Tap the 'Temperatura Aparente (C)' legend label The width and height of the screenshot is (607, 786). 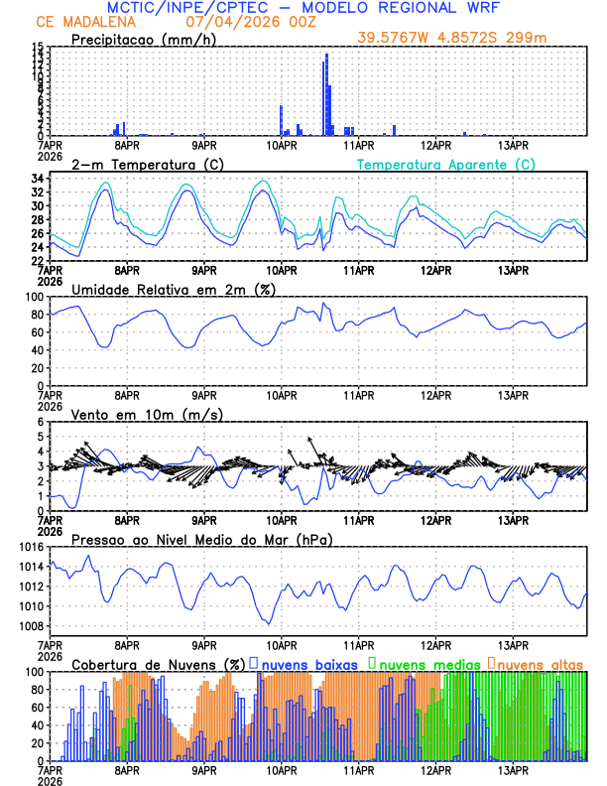[446, 164]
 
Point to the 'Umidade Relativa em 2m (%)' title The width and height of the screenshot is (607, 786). [174, 289]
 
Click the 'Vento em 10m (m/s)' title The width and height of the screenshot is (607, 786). [147, 414]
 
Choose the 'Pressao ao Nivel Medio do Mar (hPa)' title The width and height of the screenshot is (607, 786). [202, 539]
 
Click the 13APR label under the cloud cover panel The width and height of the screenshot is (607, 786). [513, 769]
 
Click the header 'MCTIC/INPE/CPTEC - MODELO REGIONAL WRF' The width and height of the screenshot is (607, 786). [303, 7]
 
